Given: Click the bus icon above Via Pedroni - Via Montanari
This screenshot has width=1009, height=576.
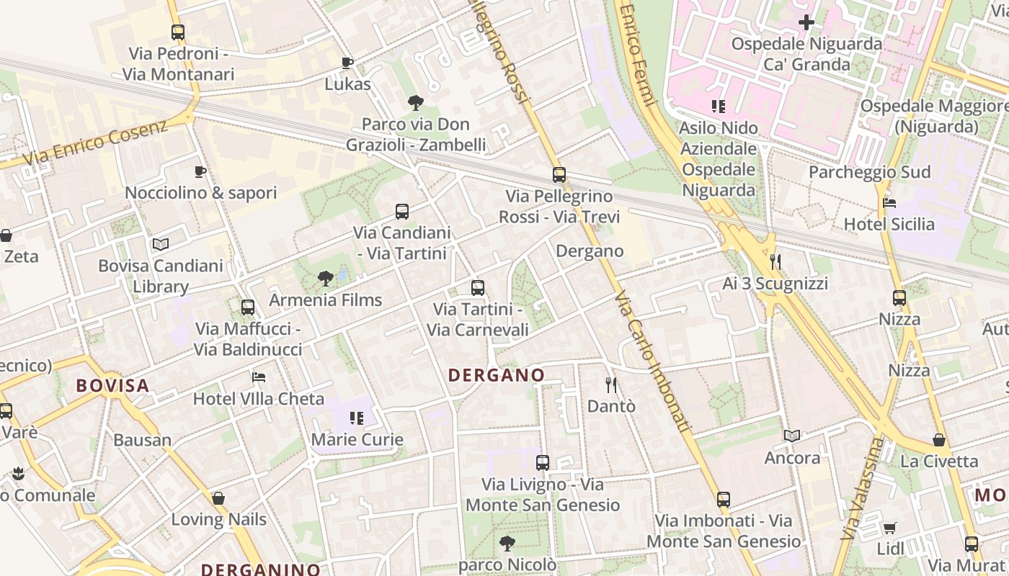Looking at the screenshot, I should coord(178,32).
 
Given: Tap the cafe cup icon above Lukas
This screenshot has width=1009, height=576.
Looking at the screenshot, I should coord(347,63).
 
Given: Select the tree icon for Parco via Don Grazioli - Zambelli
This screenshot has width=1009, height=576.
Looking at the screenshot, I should coord(415,103).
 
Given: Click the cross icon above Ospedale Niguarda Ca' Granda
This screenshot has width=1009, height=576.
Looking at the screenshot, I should coord(806,22).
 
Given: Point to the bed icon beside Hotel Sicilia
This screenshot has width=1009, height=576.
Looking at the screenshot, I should coord(889,203).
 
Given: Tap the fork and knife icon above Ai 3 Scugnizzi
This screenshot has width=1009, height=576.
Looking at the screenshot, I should coord(775,261).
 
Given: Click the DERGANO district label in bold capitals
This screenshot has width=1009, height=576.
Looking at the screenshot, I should coord(496,375).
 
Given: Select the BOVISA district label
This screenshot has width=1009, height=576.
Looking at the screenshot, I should coord(113,385).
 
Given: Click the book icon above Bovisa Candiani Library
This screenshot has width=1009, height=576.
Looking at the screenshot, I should coord(161,244).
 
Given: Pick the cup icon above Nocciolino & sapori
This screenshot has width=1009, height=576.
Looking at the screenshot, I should coord(200,171).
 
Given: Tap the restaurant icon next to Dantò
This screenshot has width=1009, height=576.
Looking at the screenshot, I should coord(611,384).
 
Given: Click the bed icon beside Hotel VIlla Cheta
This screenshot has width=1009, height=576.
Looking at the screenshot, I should coord(259,377).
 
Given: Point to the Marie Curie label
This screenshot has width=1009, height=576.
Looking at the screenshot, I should coord(357,439).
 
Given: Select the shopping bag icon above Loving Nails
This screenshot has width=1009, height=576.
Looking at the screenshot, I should coord(218,498).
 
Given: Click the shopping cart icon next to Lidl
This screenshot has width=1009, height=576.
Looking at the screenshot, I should coord(890,528).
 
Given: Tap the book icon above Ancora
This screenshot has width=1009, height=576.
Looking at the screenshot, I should coord(792,436).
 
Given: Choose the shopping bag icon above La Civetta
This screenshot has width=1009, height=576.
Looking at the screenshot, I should coord(939,439).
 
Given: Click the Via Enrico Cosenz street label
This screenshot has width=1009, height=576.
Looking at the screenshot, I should coord(95,143).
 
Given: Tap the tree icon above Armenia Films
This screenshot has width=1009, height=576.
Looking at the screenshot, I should coord(326,278).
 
